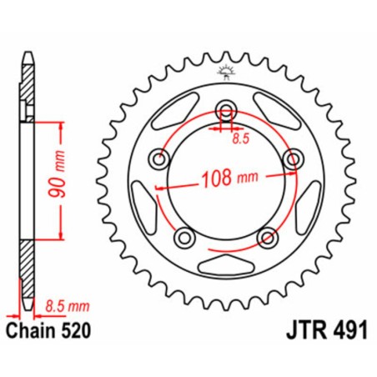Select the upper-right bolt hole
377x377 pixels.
291,158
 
